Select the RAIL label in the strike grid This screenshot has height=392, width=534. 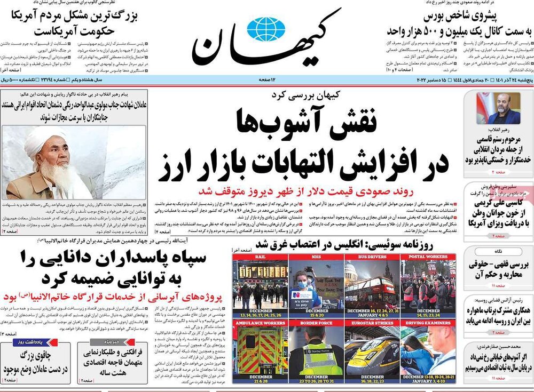click(x=260, y=257)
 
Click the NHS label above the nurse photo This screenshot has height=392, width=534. click(x=316, y=257)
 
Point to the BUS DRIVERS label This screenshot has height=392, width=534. click(x=372, y=257)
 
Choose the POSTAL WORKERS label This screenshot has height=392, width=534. click(x=428, y=257)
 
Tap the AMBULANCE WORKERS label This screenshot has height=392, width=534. click(x=260, y=323)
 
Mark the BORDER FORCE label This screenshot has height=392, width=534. click(x=316, y=323)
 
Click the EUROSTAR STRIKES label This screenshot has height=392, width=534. click(x=372, y=323)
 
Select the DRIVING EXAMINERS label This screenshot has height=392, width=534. click(x=428, y=323)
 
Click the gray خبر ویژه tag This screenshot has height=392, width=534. click(x=105, y=341)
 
